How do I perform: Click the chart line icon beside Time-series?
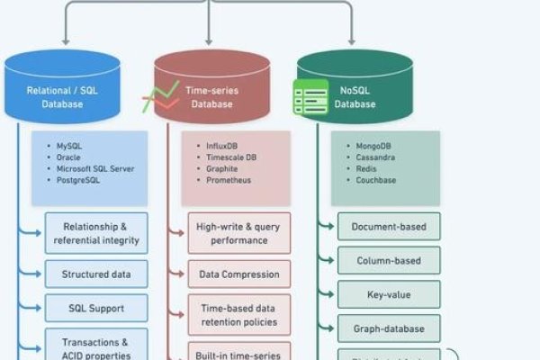coord(160,96)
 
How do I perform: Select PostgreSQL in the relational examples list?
coord(79,180)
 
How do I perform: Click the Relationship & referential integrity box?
coord(96,232)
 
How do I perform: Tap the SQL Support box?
coord(96,308)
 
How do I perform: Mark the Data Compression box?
coord(238,274)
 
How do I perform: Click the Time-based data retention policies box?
coord(238,314)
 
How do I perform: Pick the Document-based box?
coord(389,226)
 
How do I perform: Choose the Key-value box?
coord(389,293)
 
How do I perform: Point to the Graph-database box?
coord(389,328)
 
